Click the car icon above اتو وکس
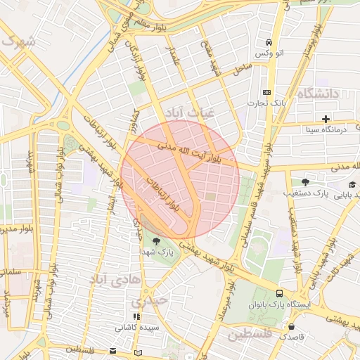click(269, 41)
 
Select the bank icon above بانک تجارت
click(266, 92)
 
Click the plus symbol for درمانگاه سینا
click(326, 118)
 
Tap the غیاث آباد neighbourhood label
click(192, 112)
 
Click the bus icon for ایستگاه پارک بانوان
click(280, 293)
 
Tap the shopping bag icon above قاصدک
click(291, 326)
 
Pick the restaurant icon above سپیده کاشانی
click(136, 317)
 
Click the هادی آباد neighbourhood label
click(108, 280)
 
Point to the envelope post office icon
click(114, 351)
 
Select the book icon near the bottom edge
click(138, 352)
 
